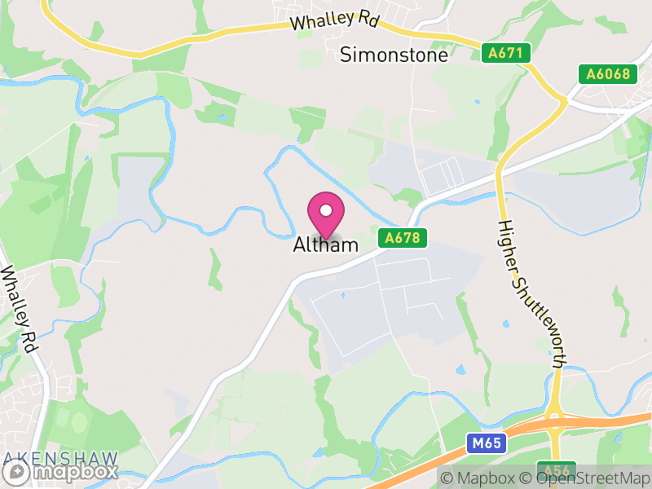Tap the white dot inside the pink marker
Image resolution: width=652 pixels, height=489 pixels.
tap(326, 210)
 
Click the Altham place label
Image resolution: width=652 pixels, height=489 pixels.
tap(326, 244)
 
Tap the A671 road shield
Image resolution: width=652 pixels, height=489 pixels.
tap(506, 54)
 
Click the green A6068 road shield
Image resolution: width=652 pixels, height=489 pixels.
tap(609, 74)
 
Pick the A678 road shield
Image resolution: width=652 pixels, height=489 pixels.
tap(403, 238)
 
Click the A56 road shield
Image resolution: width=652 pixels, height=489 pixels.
tap(557, 470)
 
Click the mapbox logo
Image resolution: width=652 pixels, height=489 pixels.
tap(61, 471)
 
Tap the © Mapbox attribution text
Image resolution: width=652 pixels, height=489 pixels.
tap(478, 477)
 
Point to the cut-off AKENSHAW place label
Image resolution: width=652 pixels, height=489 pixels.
tap(59, 457)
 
